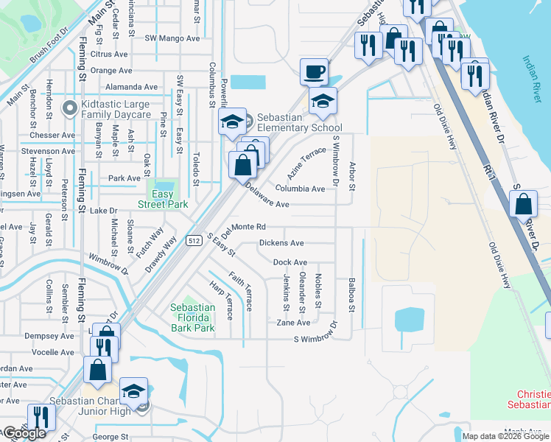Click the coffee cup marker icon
[315, 72]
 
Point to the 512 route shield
[194, 240]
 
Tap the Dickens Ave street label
[281, 243]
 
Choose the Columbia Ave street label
[301, 189]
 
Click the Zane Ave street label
[293, 323]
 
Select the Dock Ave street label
[290, 262]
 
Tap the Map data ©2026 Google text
[505, 436]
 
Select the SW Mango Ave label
[172, 38]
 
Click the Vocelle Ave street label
[52, 352]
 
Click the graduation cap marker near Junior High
[134, 391]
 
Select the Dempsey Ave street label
[49, 335]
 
